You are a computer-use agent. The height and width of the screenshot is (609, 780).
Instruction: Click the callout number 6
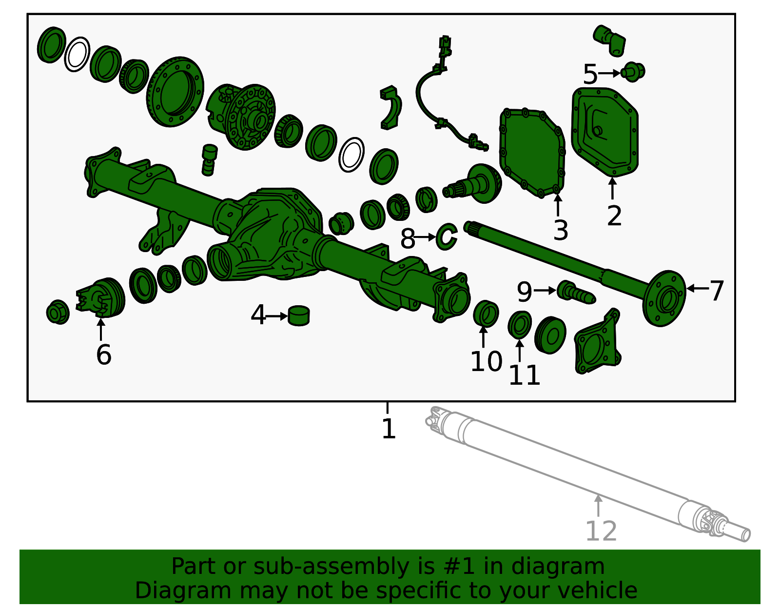click(x=104, y=354)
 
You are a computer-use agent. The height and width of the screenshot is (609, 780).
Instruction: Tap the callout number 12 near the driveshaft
click(x=601, y=531)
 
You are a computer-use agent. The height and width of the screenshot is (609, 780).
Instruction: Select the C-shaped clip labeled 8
click(x=447, y=236)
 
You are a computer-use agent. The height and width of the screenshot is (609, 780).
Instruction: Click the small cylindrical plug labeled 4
click(x=299, y=316)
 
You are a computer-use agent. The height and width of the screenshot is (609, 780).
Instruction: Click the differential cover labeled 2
click(x=605, y=132)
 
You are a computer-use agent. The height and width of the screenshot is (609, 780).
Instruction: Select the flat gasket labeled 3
click(x=532, y=153)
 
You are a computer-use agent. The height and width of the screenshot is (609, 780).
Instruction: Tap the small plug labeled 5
click(x=633, y=72)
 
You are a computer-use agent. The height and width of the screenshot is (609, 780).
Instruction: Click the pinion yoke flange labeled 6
click(x=101, y=297)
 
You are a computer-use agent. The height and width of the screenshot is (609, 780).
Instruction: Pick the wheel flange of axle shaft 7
click(x=664, y=298)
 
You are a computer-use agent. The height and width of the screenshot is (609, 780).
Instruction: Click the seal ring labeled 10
click(x=486, y=314)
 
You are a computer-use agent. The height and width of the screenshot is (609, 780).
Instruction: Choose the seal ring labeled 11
click(x=520, y=325)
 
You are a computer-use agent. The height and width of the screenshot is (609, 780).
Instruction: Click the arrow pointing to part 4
click(x=276, y=316)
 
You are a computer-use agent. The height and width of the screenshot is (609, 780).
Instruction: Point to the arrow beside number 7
click(x=698, y=288)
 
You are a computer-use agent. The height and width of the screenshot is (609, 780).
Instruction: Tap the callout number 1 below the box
click(x=389, y=428)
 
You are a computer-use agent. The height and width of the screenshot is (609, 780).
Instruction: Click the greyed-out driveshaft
click(x=587, y=474)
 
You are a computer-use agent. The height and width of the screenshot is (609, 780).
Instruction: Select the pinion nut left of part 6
click(x=58, y=312)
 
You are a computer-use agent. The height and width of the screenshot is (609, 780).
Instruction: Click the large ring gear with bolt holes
click(x=175, y=92)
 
